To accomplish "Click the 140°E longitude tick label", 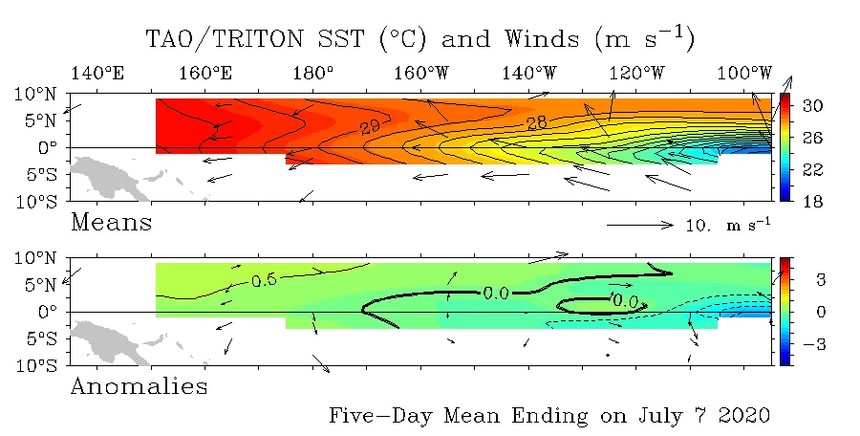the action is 97,73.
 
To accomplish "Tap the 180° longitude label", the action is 312,73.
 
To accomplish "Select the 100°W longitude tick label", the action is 744,73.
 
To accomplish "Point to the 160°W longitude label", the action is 421,73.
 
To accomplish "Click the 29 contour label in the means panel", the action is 370,127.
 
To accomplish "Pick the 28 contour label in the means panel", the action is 536,123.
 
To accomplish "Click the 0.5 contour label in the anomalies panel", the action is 264,280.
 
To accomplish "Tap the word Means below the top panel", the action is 112,223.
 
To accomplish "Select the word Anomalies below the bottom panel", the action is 140,386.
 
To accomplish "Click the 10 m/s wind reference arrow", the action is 640,225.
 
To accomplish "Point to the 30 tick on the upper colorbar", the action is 812,105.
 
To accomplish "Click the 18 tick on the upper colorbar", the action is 812,202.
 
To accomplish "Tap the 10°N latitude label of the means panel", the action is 35,94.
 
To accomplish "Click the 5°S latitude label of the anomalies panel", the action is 39,338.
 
